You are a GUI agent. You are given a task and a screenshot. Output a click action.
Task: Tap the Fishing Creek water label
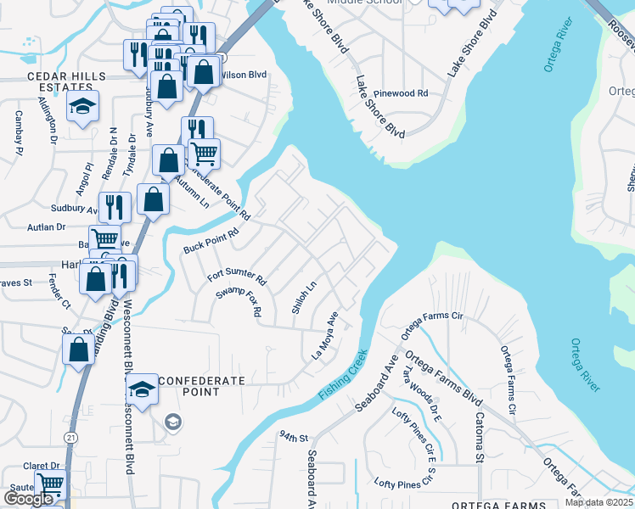(344, 375)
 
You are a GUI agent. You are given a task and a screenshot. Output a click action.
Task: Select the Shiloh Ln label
(304, 299)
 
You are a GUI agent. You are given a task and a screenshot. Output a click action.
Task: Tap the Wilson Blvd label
(244, 75)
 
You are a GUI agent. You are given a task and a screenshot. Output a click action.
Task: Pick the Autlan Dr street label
(47, 227)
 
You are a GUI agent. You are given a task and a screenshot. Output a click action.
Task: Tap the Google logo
(28, 499)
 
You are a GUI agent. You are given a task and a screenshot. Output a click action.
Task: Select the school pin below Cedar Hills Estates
(83, 108)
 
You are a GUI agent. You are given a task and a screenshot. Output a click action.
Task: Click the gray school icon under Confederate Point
(173, 422)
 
